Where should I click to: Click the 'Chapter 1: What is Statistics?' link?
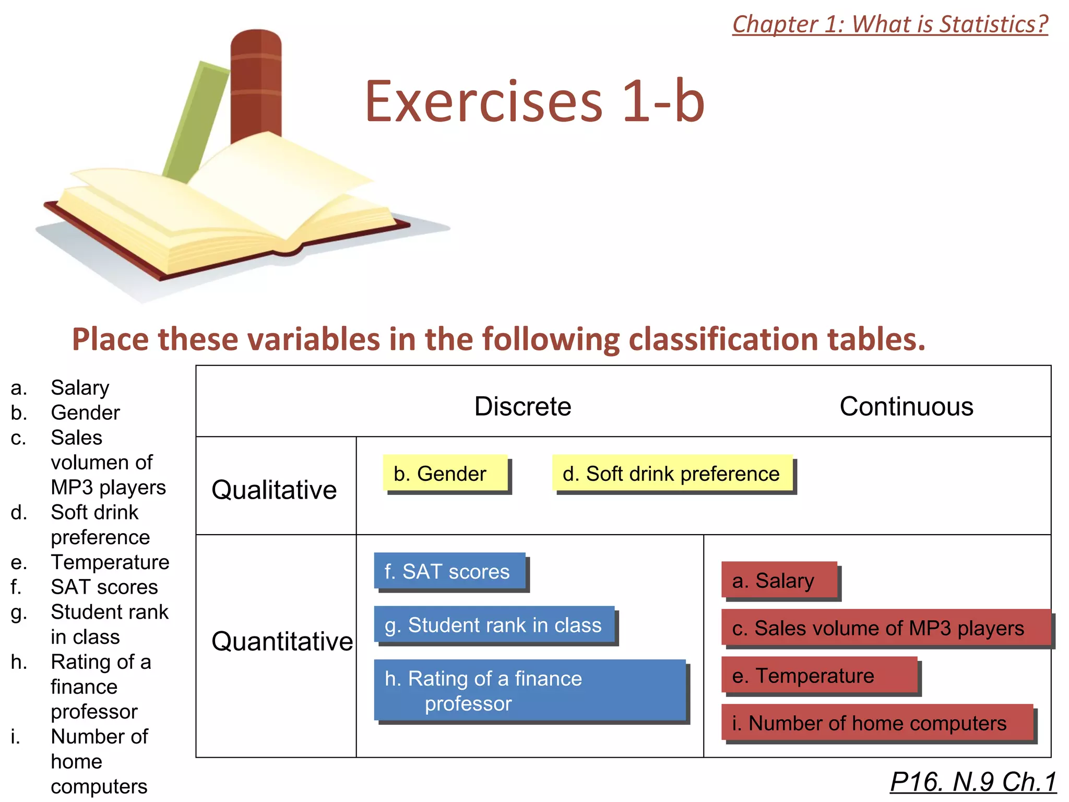890,25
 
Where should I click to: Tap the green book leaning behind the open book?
196,120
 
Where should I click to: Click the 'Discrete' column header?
522,406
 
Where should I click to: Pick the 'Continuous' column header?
906,406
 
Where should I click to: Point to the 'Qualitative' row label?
274,490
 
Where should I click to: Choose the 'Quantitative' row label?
282,641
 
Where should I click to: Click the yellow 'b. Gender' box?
445,473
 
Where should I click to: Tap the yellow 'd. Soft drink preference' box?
672,473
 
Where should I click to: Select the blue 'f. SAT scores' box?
449,571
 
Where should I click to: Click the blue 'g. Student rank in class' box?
494,624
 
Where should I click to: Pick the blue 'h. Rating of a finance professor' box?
530,690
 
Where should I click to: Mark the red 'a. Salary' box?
779,580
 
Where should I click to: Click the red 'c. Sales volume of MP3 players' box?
885,628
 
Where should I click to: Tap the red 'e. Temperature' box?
819,675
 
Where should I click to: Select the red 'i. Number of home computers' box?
877,723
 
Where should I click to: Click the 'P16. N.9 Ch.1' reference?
973,782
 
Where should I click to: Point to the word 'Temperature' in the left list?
110,562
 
